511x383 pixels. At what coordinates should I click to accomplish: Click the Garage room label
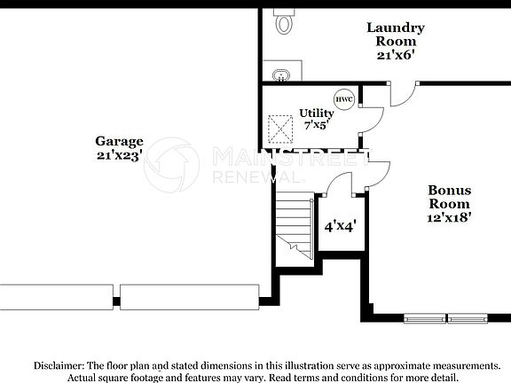(119, 141)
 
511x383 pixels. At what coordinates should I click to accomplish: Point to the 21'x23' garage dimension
(119, 155)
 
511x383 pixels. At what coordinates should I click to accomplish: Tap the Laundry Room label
(396, 34)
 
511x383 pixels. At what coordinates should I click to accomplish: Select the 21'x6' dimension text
(396, 54)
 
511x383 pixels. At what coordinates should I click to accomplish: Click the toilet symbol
(284, 21)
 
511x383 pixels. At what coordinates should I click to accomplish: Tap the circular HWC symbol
(343, 99)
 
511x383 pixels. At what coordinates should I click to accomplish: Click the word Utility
(316, 113)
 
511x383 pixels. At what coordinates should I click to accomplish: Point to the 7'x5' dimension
(315, 125)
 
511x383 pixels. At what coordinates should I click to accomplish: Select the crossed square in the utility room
(283, 129)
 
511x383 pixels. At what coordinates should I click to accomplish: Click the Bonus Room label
(450, 196)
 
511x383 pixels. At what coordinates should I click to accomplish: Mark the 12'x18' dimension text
(450, 216)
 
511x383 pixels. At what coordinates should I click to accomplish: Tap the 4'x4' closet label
(340, 226)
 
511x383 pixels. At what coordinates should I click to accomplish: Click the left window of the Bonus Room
(425, 317)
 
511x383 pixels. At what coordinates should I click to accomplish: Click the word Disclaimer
(59, 365)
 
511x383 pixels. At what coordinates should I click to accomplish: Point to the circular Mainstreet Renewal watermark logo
(171, 166)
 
